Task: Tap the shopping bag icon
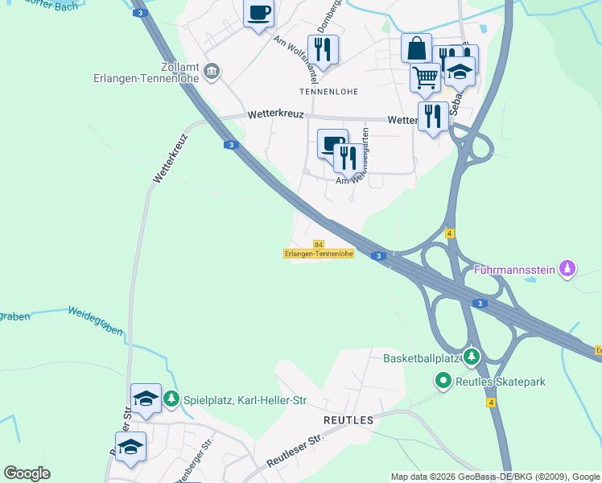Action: tap(416, 47)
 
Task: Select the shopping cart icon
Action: tap(425, 78)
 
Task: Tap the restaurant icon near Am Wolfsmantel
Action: tap(323, 49)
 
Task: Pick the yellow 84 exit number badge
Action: tap(319, 244)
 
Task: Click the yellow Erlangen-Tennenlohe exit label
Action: tap(319, 254)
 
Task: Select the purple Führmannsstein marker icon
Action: tap(568, 268)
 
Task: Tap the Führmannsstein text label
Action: tap(515, 270)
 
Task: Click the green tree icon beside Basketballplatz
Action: tap(472, 356)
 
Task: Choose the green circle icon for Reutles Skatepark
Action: tap(442, 381)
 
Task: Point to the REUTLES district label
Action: tap(348, 420)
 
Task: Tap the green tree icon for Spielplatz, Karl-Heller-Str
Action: tap(171, 399)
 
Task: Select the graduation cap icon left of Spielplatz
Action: tap(146, 398)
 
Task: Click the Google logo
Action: tap(27, 473)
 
